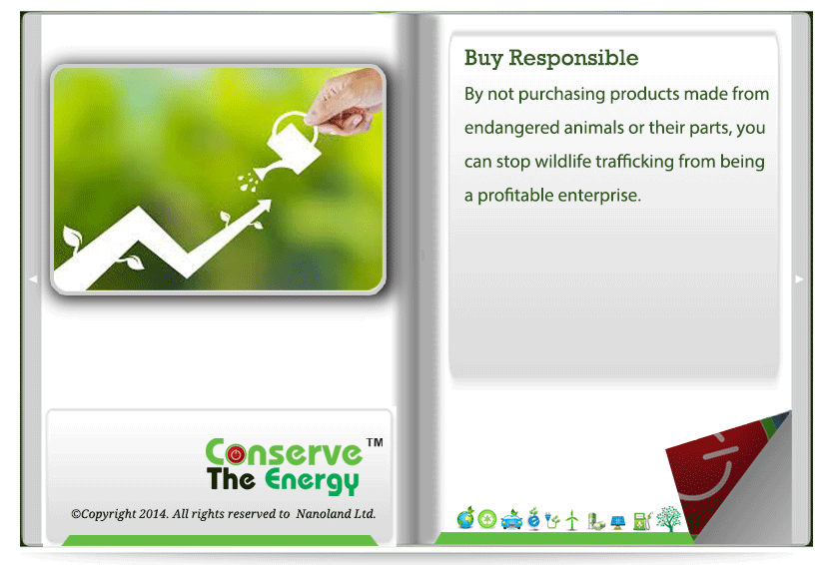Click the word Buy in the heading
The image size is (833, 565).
point(482,58)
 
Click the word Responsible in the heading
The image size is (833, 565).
point(573,58)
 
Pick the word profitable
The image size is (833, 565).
point(515,196)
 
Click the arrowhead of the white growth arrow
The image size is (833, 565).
point(262,206)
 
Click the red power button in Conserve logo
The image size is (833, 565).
point(236,454)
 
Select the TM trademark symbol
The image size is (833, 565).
point(375,442)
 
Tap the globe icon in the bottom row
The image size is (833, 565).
point(465,518)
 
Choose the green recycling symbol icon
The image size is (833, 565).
point(487,519)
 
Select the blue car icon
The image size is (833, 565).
point(511,520)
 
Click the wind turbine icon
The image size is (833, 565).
point(572,520)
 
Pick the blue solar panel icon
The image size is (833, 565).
point(618,522)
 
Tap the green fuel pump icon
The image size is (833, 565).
point(642,521)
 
